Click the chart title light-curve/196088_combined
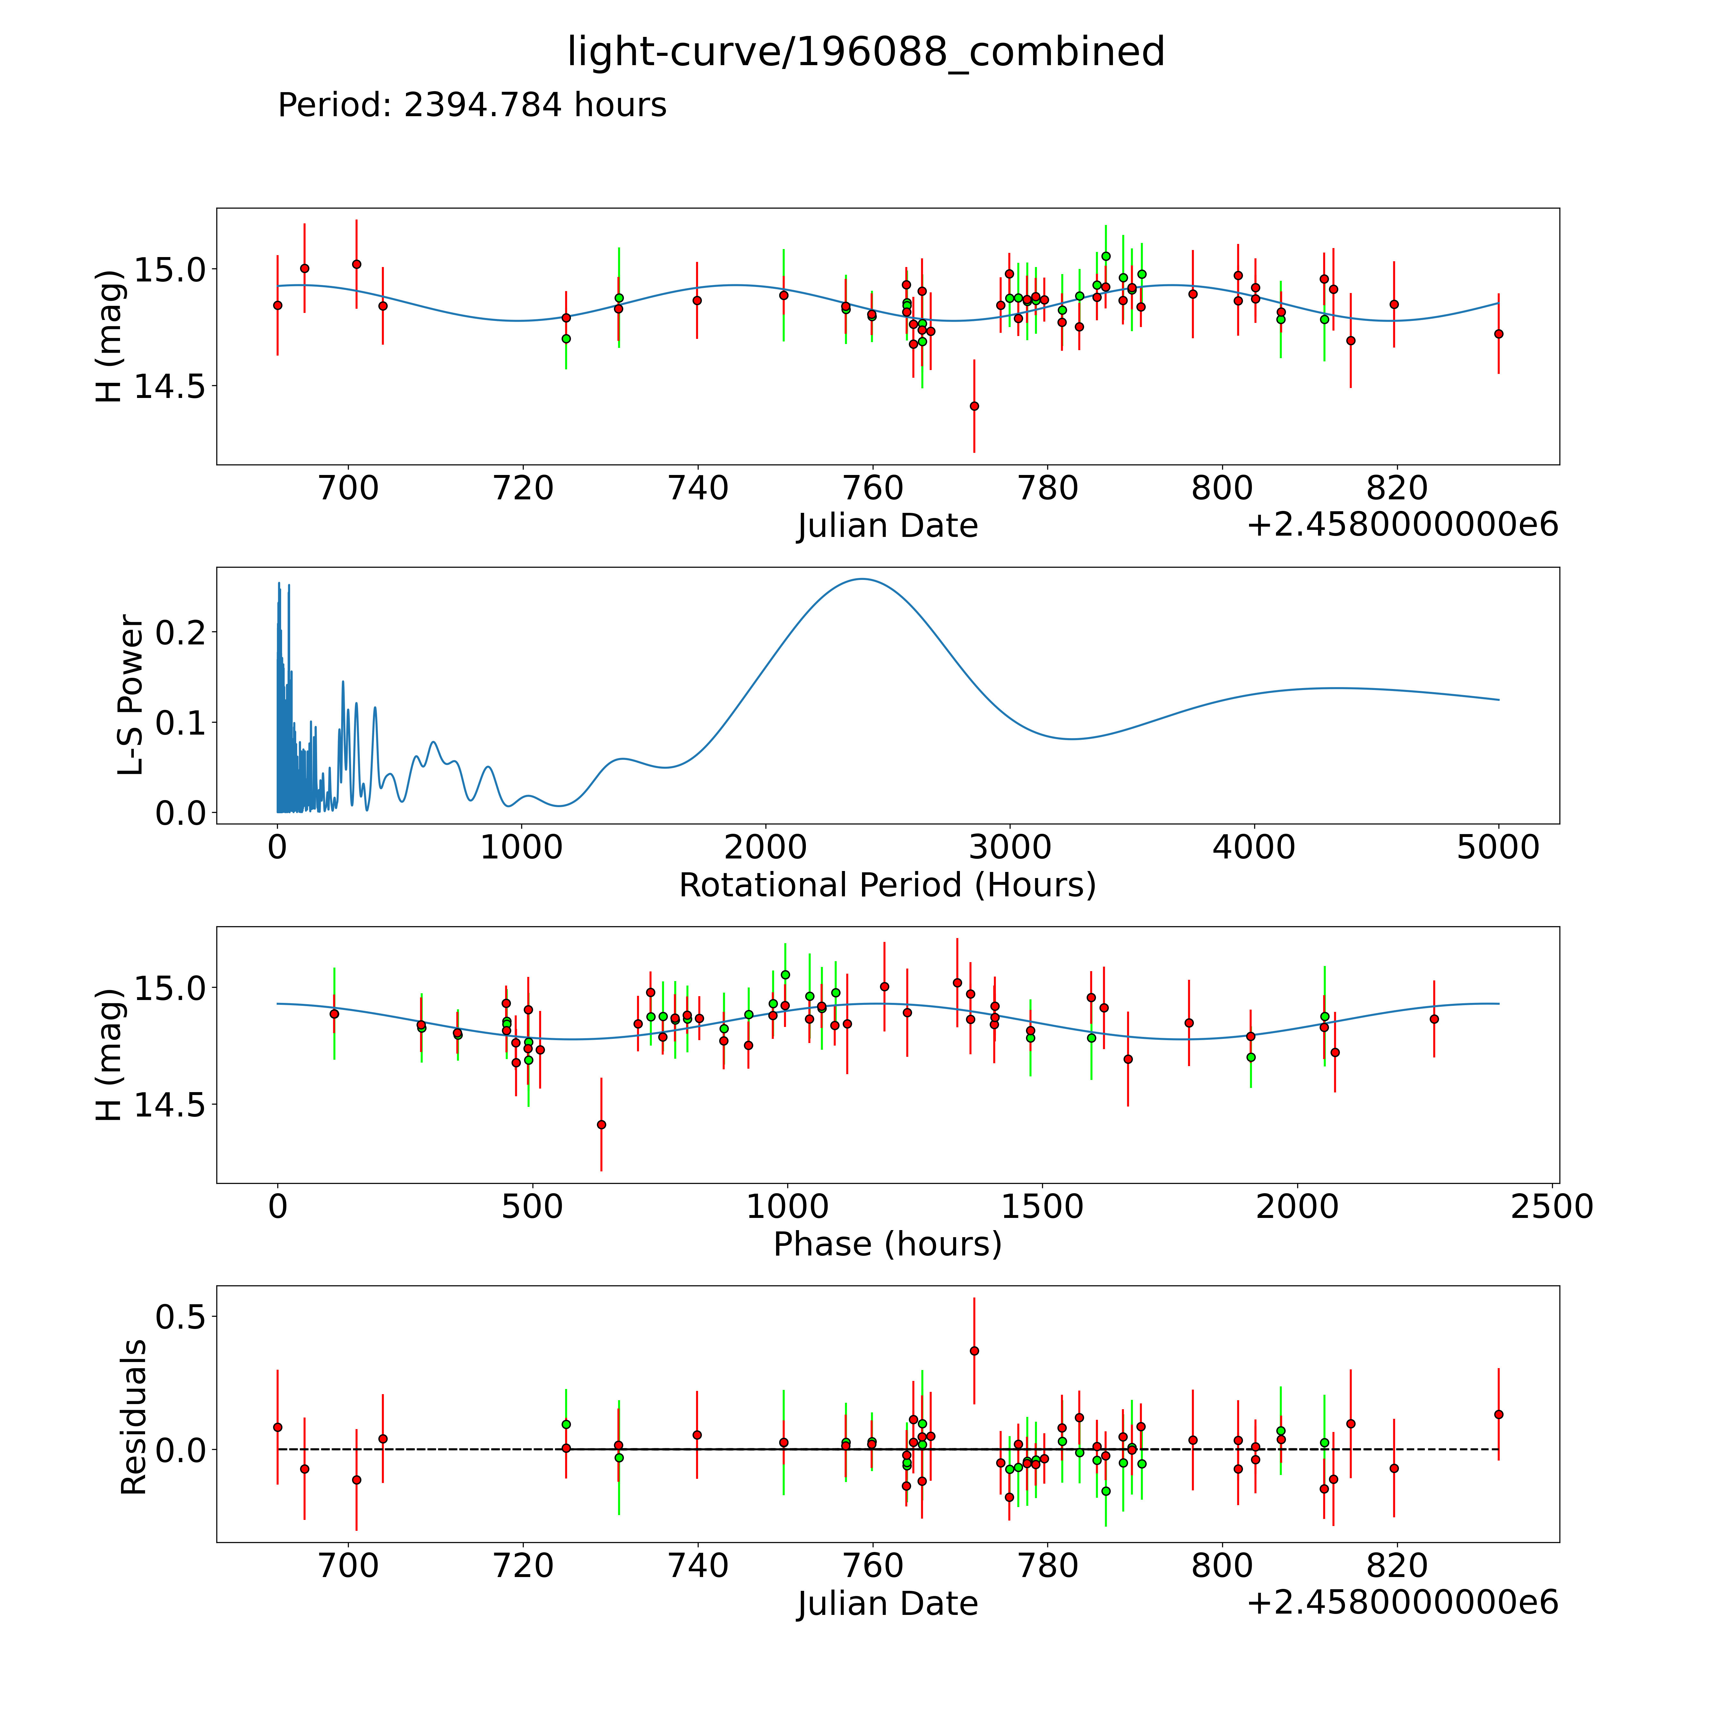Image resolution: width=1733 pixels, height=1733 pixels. pyautogui.click(x=866, y=52)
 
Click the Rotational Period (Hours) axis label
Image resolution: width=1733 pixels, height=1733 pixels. pyautogui.click(x=887, y=885)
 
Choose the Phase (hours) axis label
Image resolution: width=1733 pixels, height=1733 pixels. pyautogui.click(x=887, y=1244)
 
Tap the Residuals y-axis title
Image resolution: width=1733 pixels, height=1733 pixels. pyautogui.click(x=133, y=1417)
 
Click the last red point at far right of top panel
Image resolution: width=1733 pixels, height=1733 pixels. pyautogui.click(x=1498, y=334)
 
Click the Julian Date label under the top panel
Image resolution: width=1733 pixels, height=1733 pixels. pyautogui.click(x=887, y=526)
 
